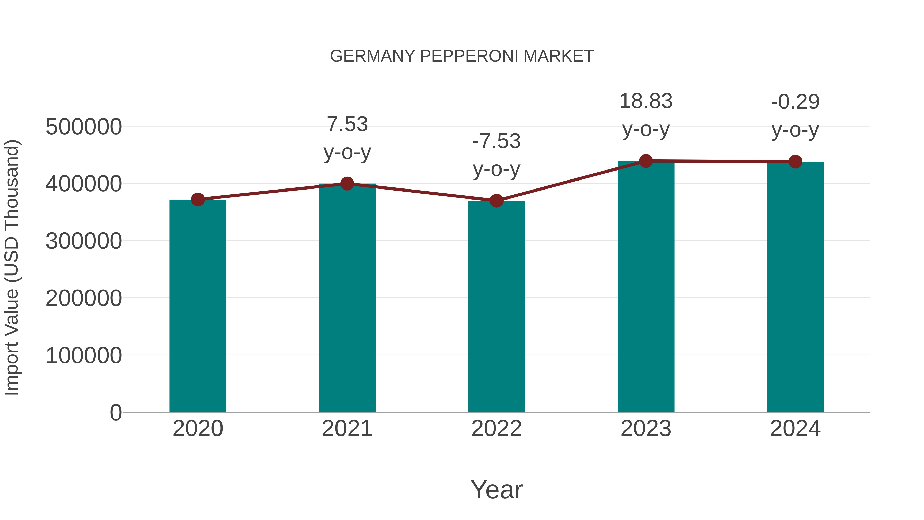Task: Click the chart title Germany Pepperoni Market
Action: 462,56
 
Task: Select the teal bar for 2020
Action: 198,305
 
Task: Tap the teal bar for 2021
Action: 347,298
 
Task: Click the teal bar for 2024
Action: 795,287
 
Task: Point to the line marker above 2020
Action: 198,200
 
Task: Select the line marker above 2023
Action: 646,161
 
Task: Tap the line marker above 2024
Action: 795,162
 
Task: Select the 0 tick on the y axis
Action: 116,412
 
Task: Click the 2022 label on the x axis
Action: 496,429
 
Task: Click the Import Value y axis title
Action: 12,267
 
